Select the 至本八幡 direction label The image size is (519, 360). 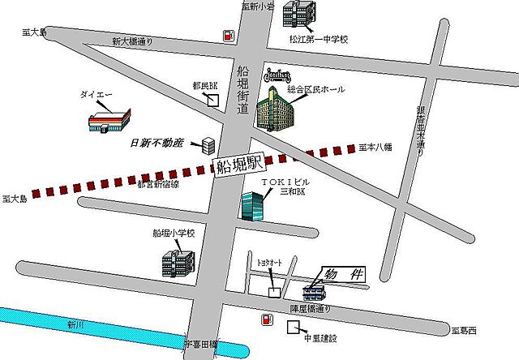point(375,147)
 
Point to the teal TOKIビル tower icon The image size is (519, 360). point(252,206)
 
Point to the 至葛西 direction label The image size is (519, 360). point(465,331)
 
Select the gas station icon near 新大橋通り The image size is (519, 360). point(228,36)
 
